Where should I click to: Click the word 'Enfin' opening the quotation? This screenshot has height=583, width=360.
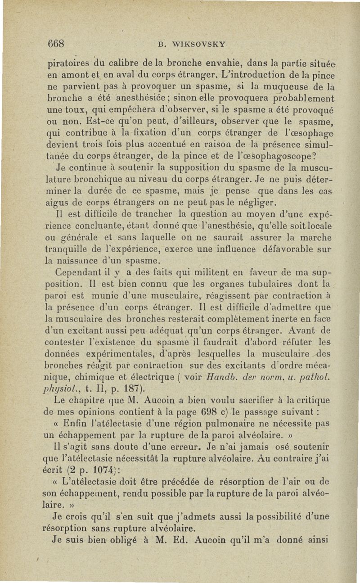(78, 424)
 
